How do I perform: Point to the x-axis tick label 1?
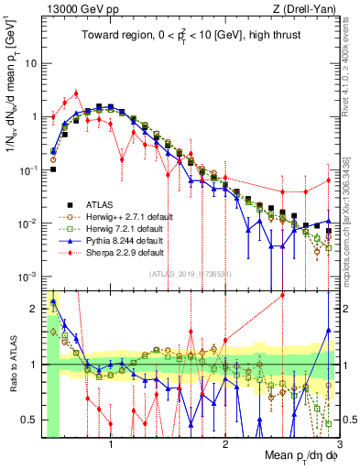[x=111, y=443]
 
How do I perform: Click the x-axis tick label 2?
[x=225, y=443]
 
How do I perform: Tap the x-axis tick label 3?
[x=338, y=443]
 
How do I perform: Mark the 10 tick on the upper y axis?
[x=30, y=64]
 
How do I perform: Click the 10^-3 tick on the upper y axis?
[x=27, y=276]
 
